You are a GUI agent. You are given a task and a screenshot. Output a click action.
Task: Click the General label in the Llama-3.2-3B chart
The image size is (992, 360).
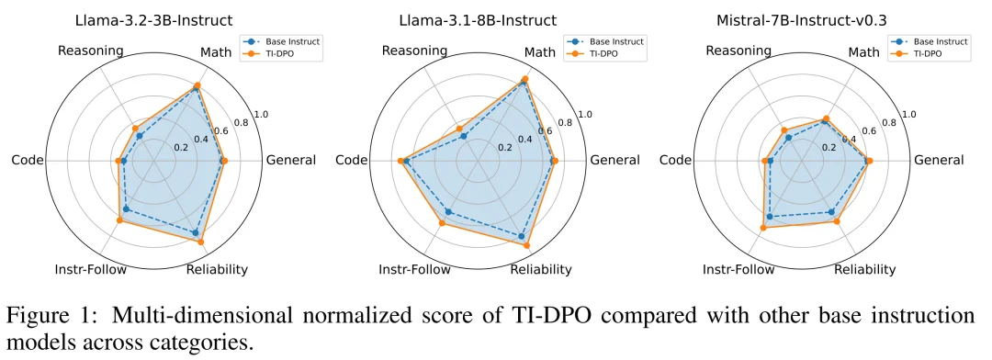coord(290,161)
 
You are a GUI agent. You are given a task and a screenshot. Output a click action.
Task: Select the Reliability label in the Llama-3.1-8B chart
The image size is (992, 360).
coord(540,269)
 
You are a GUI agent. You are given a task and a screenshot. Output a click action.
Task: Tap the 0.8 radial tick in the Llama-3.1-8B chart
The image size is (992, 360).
coord(565,122)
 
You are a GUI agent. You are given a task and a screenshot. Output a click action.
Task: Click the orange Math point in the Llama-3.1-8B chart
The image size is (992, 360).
coord(525,79)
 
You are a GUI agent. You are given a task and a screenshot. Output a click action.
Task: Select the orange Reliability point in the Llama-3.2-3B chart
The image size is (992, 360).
coord(201,242)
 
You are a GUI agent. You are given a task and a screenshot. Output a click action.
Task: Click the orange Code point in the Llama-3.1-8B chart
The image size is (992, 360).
coord(400,161)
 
